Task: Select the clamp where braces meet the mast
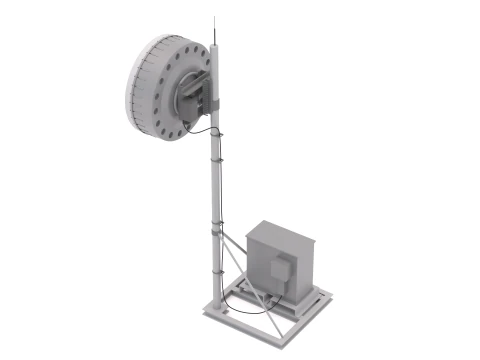click(216, 229)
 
